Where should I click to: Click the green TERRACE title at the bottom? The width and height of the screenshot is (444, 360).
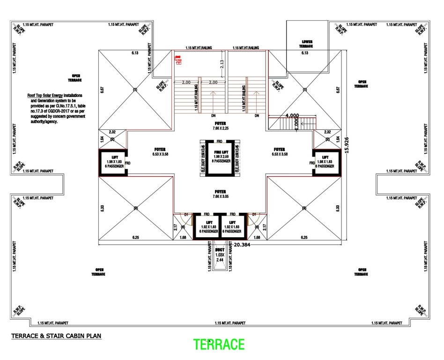click(219, 345)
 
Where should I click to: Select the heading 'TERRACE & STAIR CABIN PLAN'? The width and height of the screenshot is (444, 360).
click(56, 336)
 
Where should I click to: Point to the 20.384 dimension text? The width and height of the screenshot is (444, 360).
click(242, 244)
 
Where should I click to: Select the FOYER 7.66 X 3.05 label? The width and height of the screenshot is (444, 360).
click(220, 194)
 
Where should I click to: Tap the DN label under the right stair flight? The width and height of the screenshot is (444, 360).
click(256, 116)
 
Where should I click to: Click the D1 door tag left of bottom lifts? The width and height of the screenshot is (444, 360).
click(186, 214)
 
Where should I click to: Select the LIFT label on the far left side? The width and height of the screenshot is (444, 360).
click(112, 158)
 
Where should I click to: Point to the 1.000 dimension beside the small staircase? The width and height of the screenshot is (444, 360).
click(296, 124)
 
